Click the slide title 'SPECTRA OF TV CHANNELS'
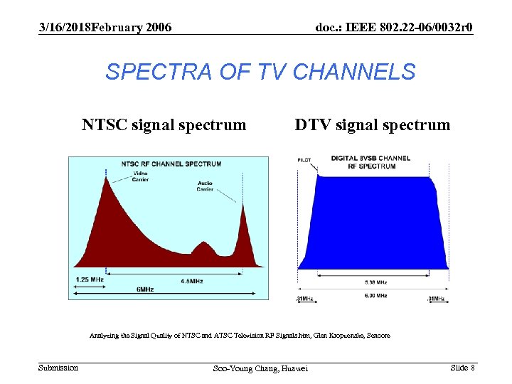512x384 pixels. pyautogui.click(x=260, y=72)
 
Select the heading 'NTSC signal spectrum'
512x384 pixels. pyautogui.click(x=164, y=125)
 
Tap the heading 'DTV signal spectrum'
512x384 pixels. pyautogui.click(x=373, y=125)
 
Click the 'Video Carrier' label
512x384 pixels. pyautogui.click(x=140, y=176)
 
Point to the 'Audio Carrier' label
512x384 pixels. pyautogui.click(x=205, y=186)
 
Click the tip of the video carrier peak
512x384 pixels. pyautogui.click(x=107, y=178)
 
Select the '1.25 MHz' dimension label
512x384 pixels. pyautogui.click(x=90, y=279)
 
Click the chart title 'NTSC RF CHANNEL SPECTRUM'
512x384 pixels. pyautogui.click(x=171, y=164)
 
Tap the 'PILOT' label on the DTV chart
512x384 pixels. pyautogui.click(x=304, y=160)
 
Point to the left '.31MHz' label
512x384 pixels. pyautogui.click(x=305, y=299)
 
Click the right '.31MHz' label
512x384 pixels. pyautogui.click(x=436, y=299)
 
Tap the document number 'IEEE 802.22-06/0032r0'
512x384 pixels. pyautogui.click(x=393, y=27)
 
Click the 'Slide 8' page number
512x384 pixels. pyautogui.click(x=462, y=368)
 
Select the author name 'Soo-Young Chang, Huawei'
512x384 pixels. pyautogui.click(x=260, y=368)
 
